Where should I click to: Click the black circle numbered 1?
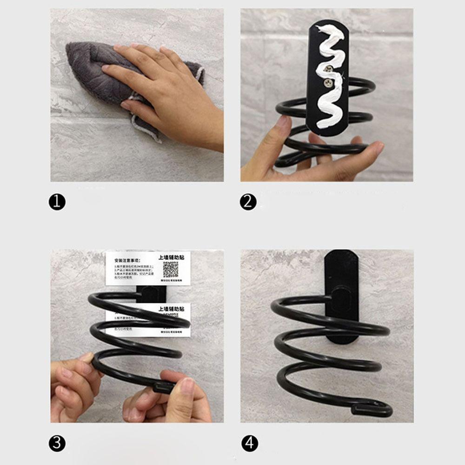(x=57, y=202)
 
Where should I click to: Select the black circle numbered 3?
(x=57, y=443)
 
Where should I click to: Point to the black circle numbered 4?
(x=250, y=443)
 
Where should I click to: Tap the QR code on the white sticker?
(x=171, y=269)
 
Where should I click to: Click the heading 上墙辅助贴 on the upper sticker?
(x=171, y=257)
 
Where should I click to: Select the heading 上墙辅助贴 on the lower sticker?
(x=171, y=309)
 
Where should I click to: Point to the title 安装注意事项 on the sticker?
(x=127, y=261)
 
